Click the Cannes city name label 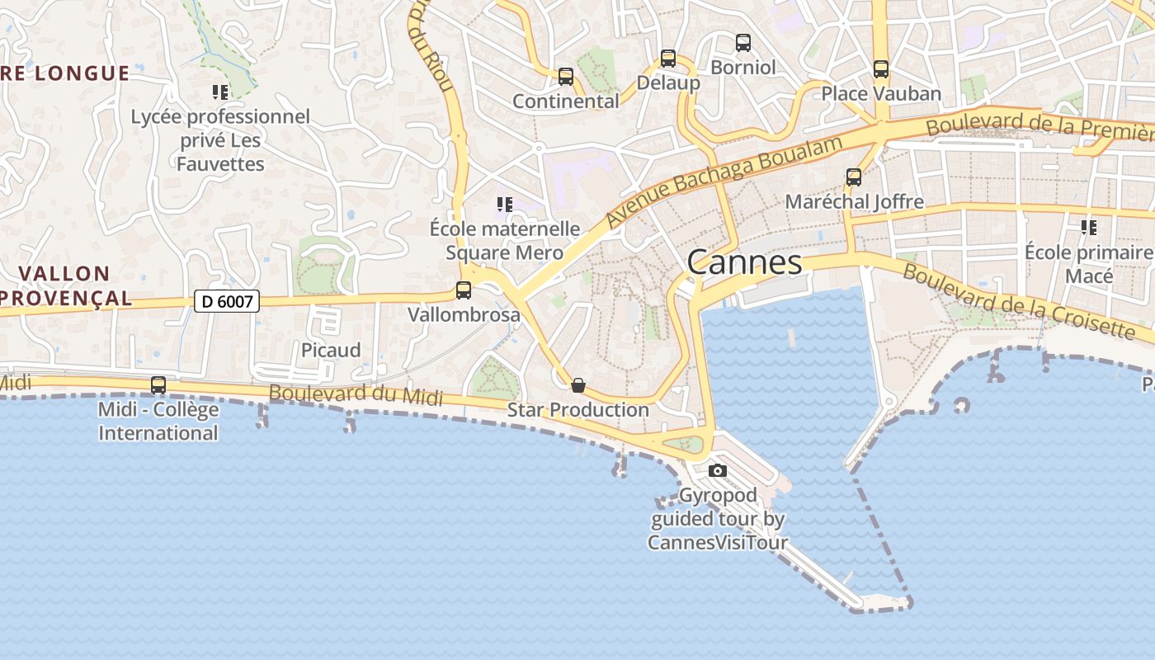[x=744, y=262]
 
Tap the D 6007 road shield [x=227, y=301]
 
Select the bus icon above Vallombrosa [x=464, y=290]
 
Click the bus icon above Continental [x=565, y=77]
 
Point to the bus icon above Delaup [x=668, y=59]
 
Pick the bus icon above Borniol [x=743, y=43]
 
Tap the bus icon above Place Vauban [x=881, y=69]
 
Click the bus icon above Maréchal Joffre [x=854, y=177]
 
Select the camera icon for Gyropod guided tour [x=718, y=470]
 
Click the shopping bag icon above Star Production [x=578, y=385]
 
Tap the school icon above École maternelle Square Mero [x=504, y=204]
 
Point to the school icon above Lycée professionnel [x=219, y=92]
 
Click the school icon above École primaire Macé [x=1089, y=227]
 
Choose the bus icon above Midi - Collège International [x=158, y=385]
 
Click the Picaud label [x=331, y=350]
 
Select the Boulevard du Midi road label [x=356, y=394]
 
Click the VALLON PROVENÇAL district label [x=66, y=285]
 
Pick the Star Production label [x=578, y=409]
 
